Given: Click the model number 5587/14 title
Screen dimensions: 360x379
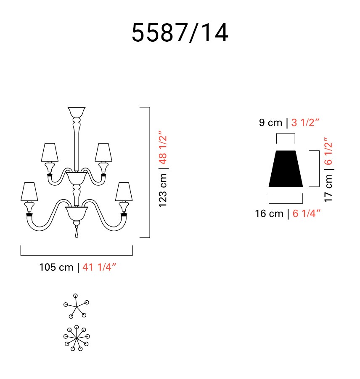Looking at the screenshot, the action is (180, 33).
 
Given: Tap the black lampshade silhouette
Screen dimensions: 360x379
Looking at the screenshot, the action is (286, 169).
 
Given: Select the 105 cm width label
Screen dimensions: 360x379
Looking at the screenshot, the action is (56, 267).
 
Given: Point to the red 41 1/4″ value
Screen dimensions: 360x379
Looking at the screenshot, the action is (99, 267).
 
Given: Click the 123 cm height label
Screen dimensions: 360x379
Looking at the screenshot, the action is (163, 190).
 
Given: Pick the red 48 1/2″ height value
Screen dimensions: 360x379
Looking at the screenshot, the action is (163, 148).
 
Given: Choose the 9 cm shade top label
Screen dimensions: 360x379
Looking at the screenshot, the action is (270, 123).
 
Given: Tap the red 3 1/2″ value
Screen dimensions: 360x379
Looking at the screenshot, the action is (305, 123).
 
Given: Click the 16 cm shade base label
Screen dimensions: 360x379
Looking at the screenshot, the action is (269, 214).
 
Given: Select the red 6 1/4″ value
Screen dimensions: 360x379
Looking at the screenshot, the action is (307, 214).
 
